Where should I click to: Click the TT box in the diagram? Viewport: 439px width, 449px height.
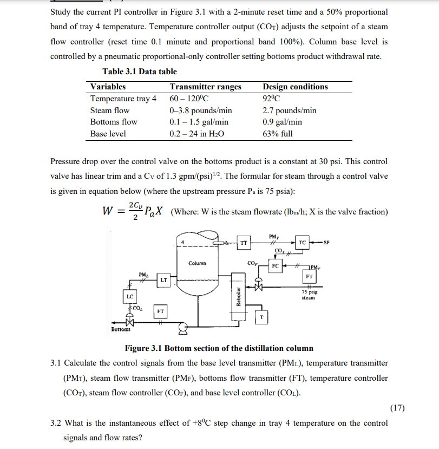click(x=244, y=244)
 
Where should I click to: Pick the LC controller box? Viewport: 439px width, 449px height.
click(x=130, y=297)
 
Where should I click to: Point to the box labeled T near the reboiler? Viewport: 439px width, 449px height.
click(x=262, y=318)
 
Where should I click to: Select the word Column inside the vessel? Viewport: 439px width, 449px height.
click(x=197, y=263)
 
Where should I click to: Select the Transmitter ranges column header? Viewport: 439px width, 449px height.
click(x=205, y=87)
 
